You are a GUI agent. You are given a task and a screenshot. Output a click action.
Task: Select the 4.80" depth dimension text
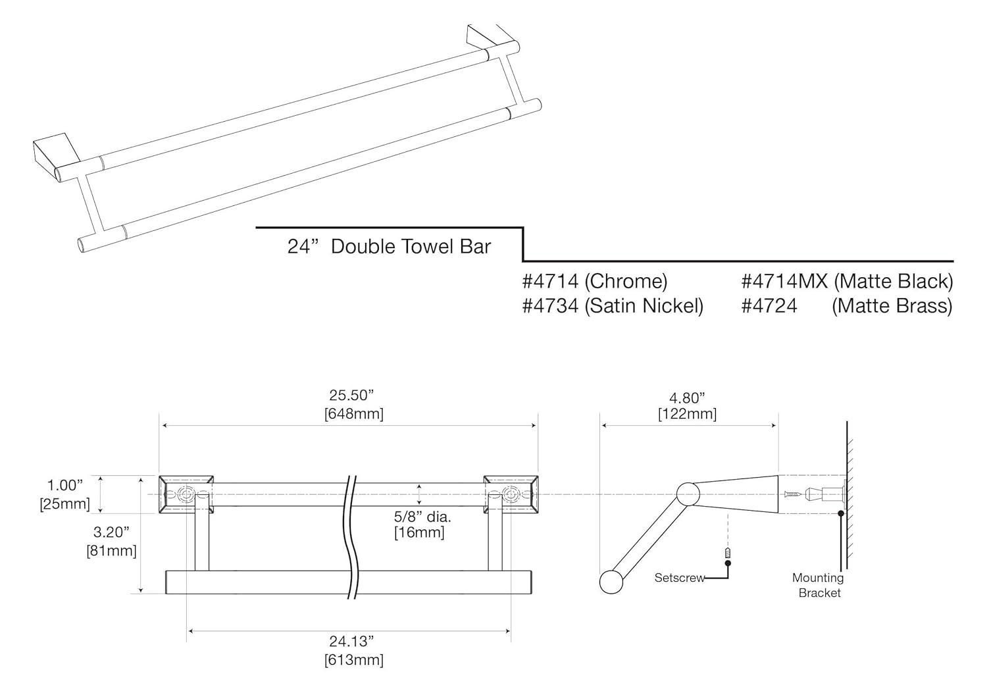687,398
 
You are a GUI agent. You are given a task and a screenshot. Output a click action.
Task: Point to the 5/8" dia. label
422,517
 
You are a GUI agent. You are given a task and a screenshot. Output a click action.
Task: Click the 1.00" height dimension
65,486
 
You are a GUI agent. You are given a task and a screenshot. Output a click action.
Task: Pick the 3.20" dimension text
111,532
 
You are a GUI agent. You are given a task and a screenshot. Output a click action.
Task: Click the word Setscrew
679,578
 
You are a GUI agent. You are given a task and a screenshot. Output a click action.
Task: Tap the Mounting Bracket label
818,585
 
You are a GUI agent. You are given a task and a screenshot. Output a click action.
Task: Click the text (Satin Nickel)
644,306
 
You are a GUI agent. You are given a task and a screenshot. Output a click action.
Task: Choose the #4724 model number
769,306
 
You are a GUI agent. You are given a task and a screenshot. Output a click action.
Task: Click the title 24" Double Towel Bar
389,247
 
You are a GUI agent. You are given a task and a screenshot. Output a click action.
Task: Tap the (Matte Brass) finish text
892,306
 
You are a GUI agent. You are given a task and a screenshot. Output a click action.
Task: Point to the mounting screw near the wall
794,493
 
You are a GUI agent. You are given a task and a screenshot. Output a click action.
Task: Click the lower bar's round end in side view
611,582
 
